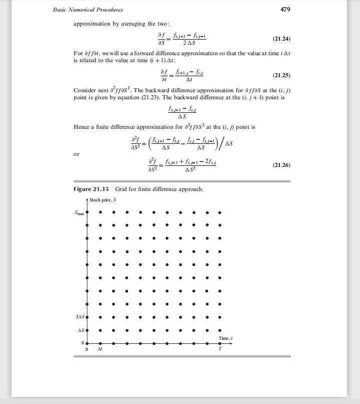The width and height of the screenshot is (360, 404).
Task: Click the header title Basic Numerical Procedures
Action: (88, 10)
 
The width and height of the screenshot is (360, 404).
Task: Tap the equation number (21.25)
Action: (280, 76)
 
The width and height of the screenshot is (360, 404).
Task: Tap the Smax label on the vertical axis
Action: (80, 212)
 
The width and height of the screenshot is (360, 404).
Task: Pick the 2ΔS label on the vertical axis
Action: (81, 317)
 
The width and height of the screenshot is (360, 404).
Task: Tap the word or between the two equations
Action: (76, 154)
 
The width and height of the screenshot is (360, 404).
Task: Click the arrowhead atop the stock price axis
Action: (88, 200)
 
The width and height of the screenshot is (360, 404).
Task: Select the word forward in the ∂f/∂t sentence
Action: (132, 53)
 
